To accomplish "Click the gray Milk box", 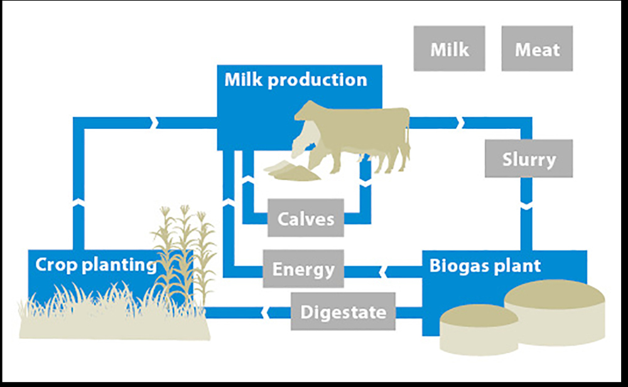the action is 449,48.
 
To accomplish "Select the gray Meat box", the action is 537,48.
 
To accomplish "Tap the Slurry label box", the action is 529,158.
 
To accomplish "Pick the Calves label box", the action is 306,217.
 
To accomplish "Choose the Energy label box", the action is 303,268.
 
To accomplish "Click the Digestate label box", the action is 343,311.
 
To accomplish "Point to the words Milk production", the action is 296,80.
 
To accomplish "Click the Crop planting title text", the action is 95,265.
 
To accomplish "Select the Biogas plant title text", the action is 485,266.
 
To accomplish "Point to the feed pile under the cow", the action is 292,171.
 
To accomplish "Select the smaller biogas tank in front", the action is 479,329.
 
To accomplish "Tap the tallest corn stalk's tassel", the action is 185,210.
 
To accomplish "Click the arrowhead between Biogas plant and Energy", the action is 382,272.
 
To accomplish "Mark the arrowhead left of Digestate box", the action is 265,312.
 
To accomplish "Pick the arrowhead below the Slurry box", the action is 526,207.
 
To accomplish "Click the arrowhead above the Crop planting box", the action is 78,202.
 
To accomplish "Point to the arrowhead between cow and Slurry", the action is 460,123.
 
